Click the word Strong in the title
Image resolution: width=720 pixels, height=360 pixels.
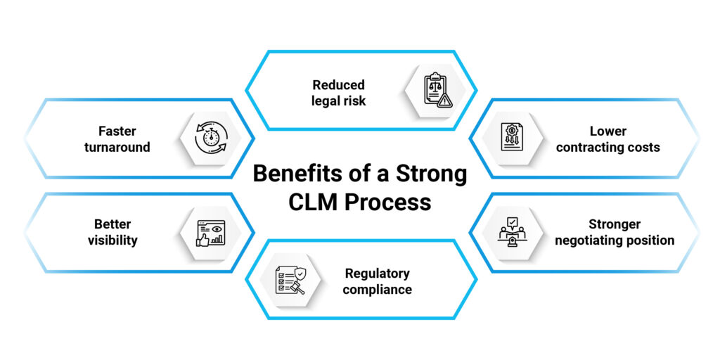429,174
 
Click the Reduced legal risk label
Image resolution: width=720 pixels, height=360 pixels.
339,93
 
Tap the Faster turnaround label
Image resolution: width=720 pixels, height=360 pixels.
117,139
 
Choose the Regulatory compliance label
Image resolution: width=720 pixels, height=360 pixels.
377,281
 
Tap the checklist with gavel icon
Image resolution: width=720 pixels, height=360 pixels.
289,280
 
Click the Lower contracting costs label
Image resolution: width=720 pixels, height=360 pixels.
608,139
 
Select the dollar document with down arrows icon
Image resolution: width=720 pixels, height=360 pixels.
510,137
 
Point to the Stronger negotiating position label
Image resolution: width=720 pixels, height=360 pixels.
615,232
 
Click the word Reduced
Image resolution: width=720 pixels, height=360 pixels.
339,85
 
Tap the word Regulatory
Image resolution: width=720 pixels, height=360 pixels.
377,274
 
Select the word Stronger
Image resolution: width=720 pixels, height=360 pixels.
615,224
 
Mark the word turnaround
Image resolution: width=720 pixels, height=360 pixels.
117,146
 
